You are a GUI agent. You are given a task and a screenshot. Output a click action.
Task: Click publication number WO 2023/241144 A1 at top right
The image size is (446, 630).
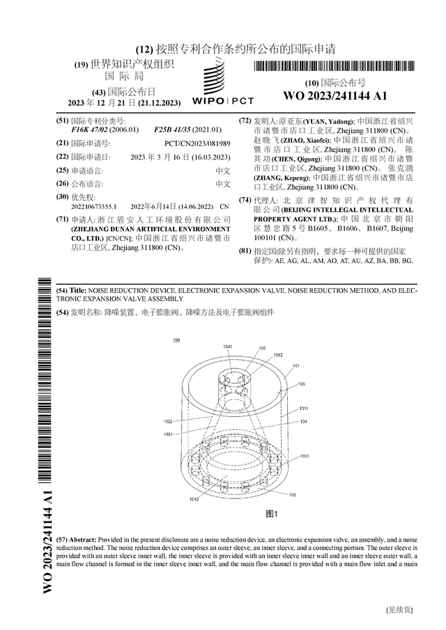334,95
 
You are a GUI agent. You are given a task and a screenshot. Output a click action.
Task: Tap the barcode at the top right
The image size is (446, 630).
334,68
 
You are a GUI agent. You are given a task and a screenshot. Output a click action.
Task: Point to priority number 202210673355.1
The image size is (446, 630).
94,207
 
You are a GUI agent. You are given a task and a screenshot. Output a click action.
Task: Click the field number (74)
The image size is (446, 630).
245,200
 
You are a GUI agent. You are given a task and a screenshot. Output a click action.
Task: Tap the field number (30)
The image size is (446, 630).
61,197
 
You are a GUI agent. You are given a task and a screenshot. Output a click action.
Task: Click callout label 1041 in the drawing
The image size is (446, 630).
228,346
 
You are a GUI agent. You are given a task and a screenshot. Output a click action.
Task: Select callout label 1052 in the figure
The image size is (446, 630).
277,354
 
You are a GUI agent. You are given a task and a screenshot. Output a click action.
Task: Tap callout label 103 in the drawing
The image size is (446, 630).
292,494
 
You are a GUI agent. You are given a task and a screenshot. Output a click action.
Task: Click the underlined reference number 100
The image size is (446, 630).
175,340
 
